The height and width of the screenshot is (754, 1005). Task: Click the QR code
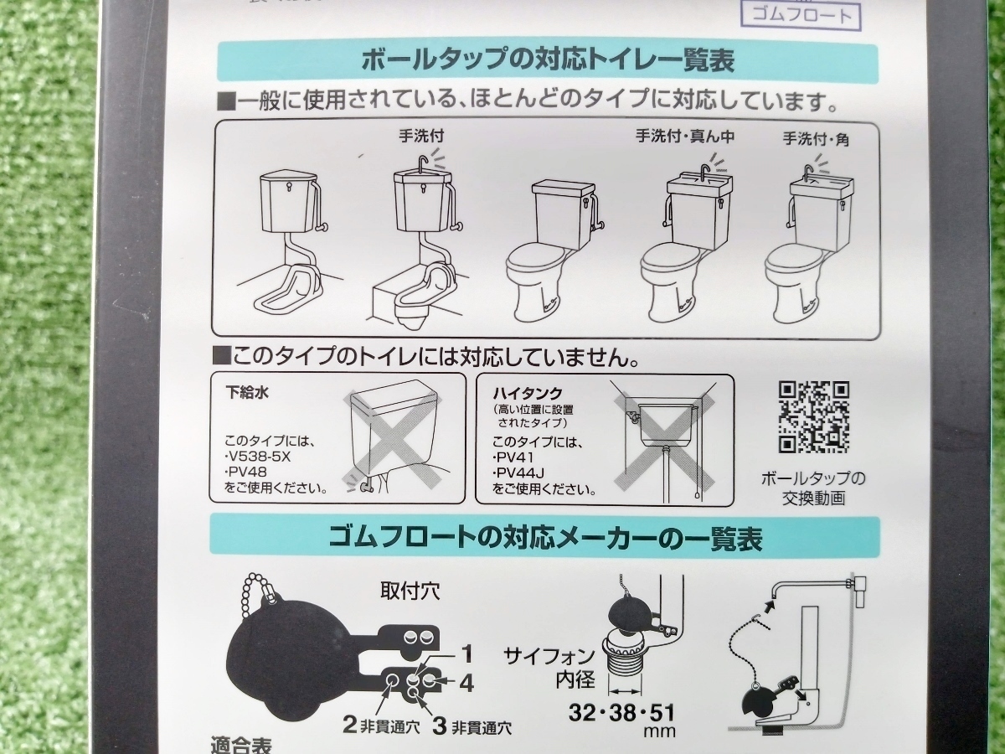[x=813, y=416]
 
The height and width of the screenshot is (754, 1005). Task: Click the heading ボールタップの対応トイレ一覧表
[x=548, y=62]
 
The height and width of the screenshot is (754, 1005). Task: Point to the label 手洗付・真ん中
[x=684, y=137]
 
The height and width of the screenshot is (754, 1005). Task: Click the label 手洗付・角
[x=816, y=139]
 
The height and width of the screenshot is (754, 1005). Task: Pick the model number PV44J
[x=518, y=473]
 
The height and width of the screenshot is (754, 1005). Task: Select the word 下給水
[x=250, y=390]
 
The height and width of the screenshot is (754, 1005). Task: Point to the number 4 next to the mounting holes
[x=466, y=683]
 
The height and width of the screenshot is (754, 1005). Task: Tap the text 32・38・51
[x=621, y=714]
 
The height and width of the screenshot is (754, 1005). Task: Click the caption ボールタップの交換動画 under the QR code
[x=813, y=488]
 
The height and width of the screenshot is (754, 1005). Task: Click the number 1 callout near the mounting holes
[x=467, y=651]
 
